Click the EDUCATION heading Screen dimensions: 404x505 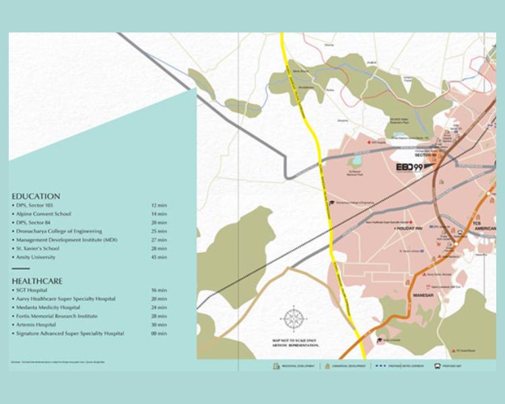point(36,196)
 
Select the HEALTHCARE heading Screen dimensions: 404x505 point(38,280)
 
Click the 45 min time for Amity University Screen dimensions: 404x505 point(159,257)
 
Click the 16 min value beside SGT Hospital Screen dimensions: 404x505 point(159,290)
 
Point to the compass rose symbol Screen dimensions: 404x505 point(294,316)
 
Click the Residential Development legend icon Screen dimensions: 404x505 point(275,366)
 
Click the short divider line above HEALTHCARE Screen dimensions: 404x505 point(21,269)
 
